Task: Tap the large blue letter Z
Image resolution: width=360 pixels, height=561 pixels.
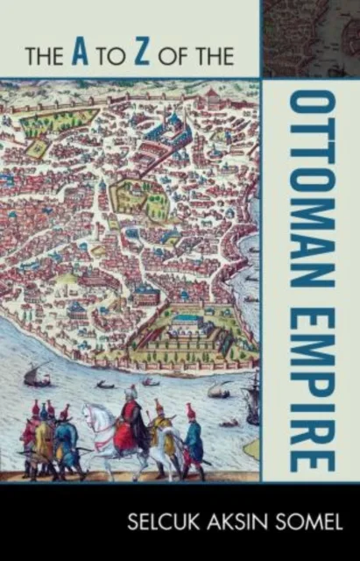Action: click(x=150, y=55)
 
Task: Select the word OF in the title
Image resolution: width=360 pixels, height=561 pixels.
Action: click(x=193, y=57)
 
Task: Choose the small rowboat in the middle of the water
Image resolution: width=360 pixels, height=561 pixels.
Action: click(x=106, y=384)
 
